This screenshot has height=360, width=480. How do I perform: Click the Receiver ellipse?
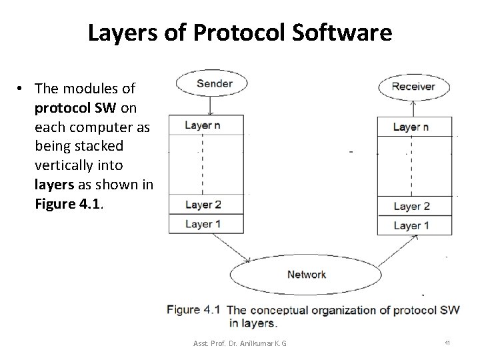413,86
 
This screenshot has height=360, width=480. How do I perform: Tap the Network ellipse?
306,274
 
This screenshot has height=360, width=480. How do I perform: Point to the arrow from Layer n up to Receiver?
413,107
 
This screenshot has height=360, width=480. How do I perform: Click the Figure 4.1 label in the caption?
193,309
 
